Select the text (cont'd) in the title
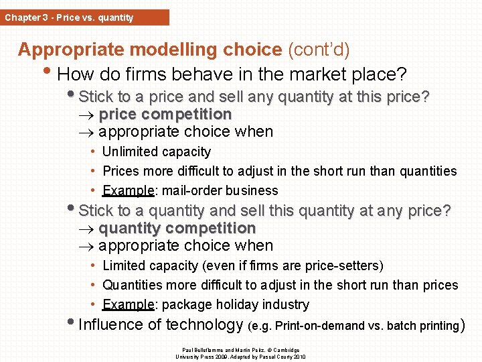coord(319,50)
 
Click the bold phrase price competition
coord(165,114)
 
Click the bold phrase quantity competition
coord(177,228)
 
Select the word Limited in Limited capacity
coord(125,266)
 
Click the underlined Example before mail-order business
coord(129,190)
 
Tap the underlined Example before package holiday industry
coord(129,305)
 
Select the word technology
coord(204,325)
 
